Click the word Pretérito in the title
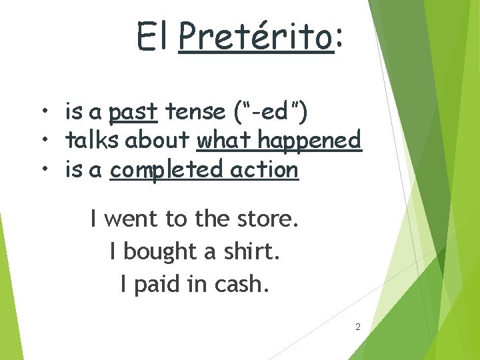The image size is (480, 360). (x=256, y=37)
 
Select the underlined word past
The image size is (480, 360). (x=133, y=112)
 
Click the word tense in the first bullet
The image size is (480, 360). (x=192, y=112)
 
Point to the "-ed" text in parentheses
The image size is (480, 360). (x=269, y=112)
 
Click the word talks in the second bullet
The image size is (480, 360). (x=93, y=141)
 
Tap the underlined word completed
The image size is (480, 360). (x=167, y=170)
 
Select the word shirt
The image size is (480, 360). (x=256, y=251)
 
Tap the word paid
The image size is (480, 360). (x=158, y=285)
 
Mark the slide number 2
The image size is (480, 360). (x=358, y=327)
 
